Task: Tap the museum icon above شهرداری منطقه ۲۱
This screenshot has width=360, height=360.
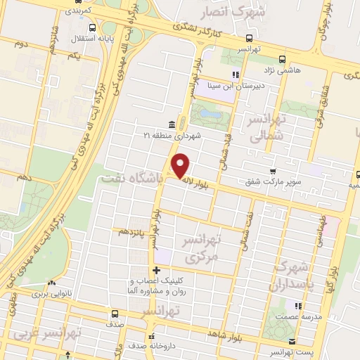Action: [172, 124]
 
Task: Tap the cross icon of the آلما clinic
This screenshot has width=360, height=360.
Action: [155, 270]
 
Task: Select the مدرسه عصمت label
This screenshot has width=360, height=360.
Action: [302, 317]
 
